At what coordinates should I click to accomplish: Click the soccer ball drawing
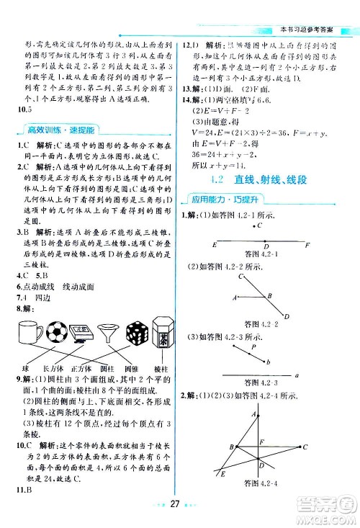[55, 332]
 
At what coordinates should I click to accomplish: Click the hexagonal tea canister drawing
[163, 332]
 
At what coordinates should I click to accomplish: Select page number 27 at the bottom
[181, 511]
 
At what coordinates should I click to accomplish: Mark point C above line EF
[255, 225]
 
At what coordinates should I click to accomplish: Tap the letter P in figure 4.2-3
[253, 347]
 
